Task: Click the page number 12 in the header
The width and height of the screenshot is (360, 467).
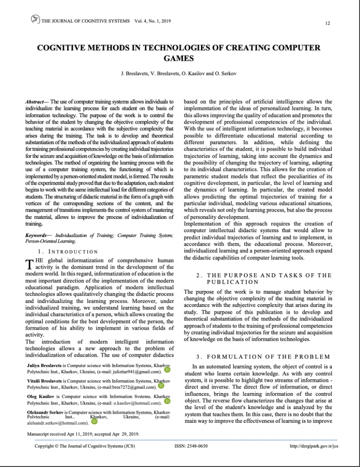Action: point(328,23)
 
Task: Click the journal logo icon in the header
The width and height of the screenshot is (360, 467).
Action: point(35,19)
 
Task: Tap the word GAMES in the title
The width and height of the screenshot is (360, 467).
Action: point(179,58)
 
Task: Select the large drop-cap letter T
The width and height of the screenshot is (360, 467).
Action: point(31,264)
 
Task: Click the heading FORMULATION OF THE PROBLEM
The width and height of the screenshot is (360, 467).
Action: point(262,356)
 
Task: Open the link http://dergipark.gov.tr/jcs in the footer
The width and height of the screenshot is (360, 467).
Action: point(314,446)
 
